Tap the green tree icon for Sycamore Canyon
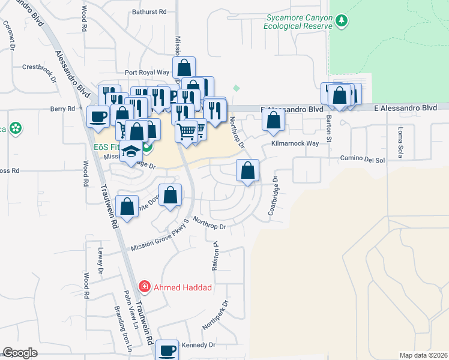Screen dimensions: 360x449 coord(342,22)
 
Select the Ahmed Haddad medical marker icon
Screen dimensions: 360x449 coord(145,287)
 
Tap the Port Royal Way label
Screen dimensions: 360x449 coord(147,73)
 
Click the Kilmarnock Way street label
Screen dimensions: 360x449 coord(295,144)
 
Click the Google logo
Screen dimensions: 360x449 coord(20,353)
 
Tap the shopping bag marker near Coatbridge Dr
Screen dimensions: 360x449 coord(247,171)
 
